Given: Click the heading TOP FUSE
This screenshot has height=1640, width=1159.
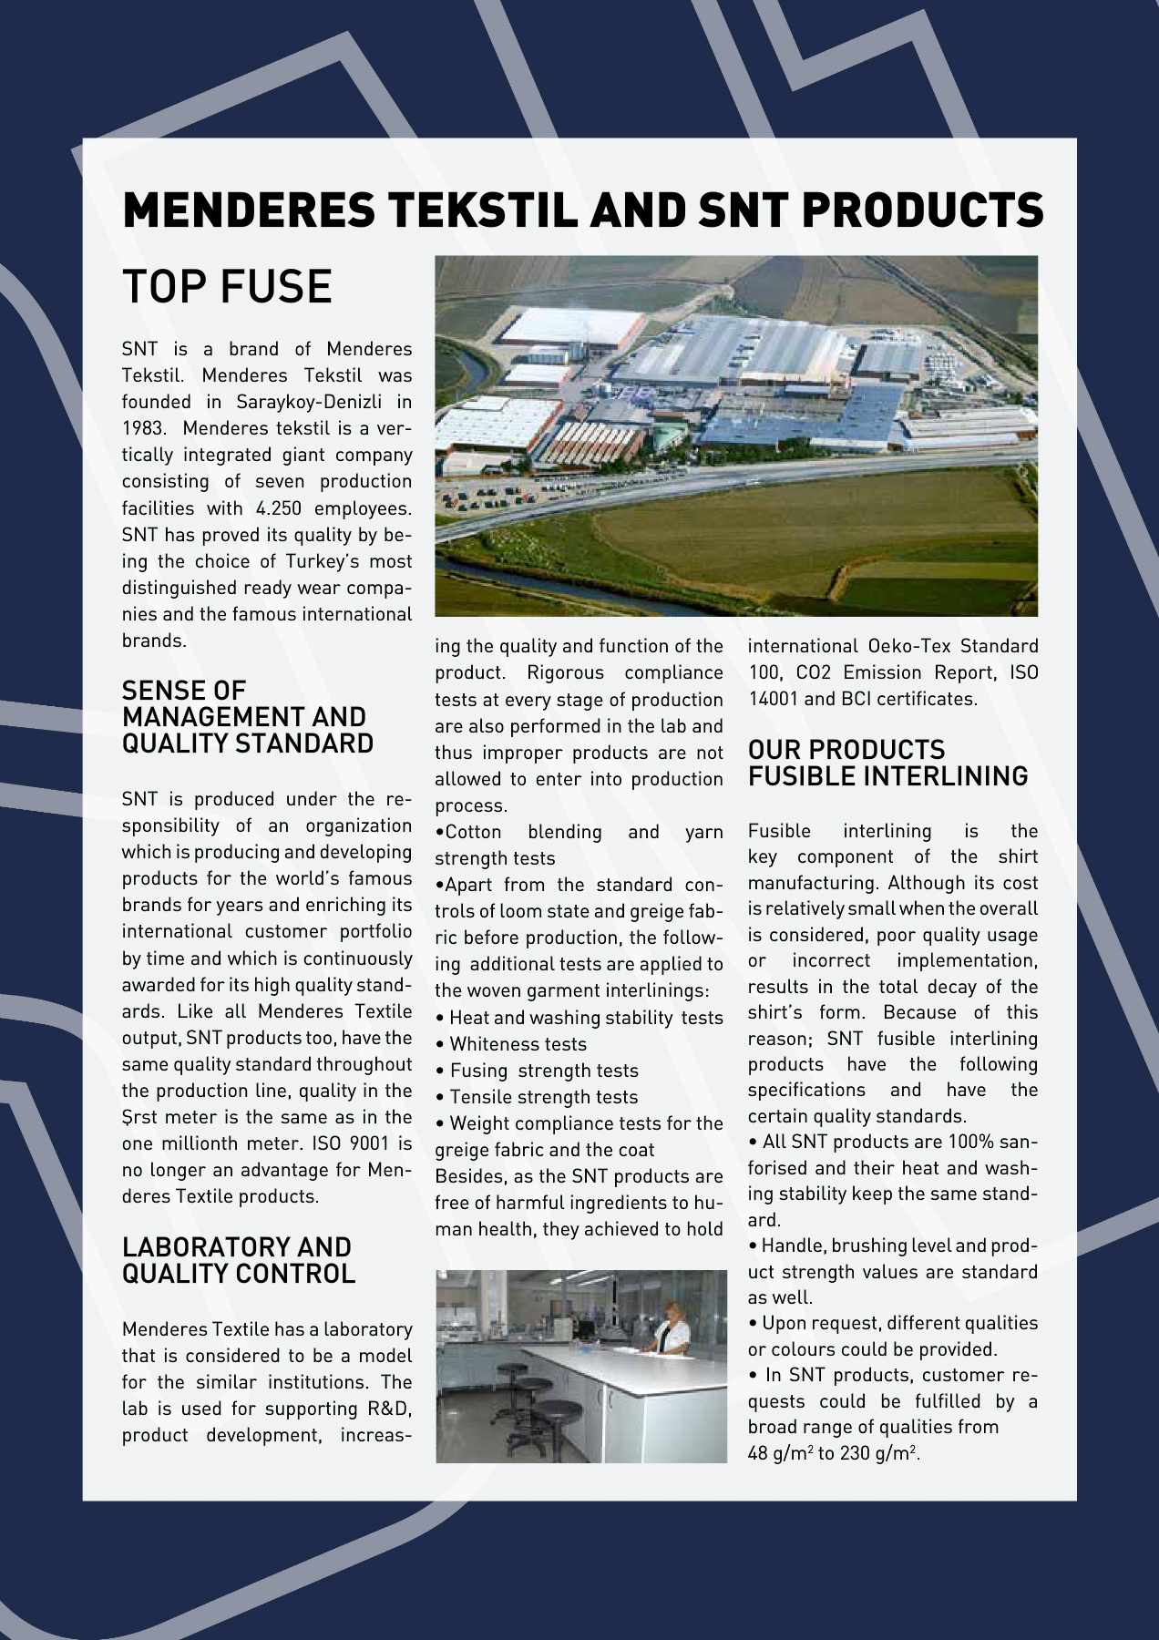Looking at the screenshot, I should coord(227,287).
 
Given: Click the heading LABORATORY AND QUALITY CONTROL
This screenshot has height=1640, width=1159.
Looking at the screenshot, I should coord(238,1259).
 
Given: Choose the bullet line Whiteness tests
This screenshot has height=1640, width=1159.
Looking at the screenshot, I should coord(518,1044).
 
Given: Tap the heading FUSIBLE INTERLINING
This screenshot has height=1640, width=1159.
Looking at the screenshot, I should coord(887,776).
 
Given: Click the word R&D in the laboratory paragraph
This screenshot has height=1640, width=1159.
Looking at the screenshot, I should coord(389,1409).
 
